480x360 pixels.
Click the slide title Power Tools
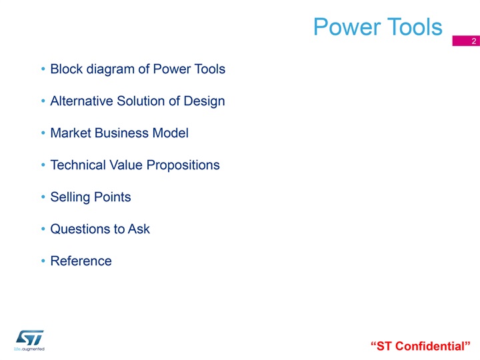click(378, 27)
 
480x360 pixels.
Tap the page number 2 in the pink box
click(473, 41)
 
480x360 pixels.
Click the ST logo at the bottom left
click(29, 340)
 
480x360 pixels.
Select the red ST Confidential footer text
click(420, 346)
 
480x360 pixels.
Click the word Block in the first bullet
click(67, 69)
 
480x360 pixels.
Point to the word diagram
click(111, 69)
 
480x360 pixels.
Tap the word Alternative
click(82, 101)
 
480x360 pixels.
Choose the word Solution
click(141, 101)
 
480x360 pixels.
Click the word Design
click(204, 101)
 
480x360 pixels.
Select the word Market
click(71, 133)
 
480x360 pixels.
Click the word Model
click(170, 133)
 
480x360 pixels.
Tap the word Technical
click(78, 165)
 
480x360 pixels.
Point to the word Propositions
click(183, 165)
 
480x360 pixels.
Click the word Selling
click(70, 197)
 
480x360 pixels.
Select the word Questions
click(80, 229)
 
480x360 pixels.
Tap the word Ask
click(139, 229)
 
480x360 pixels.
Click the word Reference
click(81, 261)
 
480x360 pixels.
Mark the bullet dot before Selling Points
click(43, 197)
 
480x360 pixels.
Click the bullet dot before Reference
click(43, 261)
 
